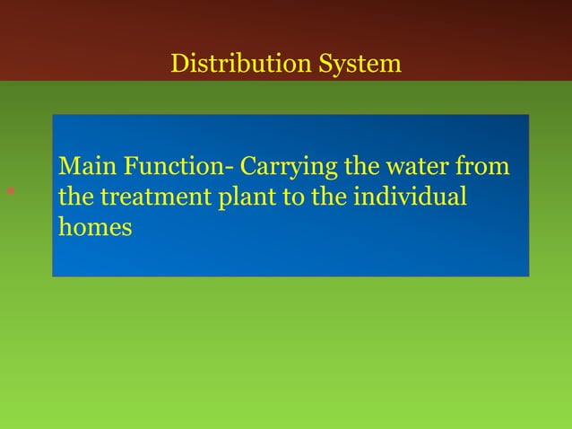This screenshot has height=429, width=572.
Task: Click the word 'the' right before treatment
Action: click(75, 197)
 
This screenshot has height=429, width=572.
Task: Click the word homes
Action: click(95, 227)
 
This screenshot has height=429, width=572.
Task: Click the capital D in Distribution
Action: click(178, 65)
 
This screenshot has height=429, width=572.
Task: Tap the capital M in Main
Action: click(67, 167)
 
